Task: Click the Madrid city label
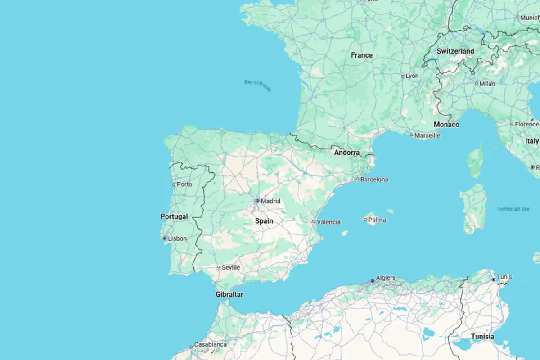(x=270, y=201)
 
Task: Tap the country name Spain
(x=264, y=221)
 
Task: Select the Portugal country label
(x=174, y=216)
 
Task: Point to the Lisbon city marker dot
(x=165, y=238)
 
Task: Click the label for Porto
(x=184, y=184)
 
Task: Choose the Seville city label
(x=231, y=267)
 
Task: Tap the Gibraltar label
(x=229, y=294)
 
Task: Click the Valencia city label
(x=328, y=222)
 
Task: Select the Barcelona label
(x=374, y=179)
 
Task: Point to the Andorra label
(x=346, y=153)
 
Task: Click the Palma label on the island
(x=377, y=220)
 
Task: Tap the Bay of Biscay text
(x=258, y=85)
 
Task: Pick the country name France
(x=362, y=55)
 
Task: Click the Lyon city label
(x=412, y=76)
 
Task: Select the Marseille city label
(x=427, y=135)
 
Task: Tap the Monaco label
(x=446, y=124)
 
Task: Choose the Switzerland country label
(x=455, y=51)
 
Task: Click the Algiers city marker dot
(x=373, y=281)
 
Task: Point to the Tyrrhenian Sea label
(x=513, y=209)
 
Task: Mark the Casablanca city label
(x=210, y=344)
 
